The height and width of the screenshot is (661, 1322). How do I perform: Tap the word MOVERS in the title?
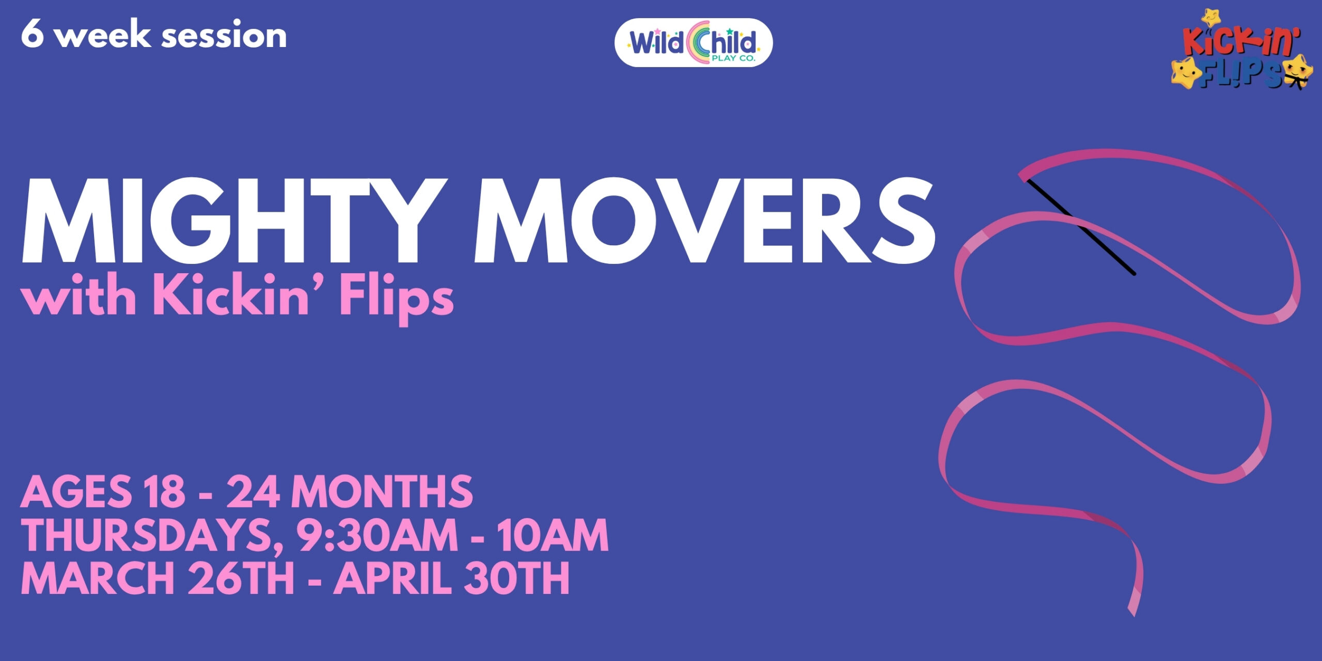click(705, 221)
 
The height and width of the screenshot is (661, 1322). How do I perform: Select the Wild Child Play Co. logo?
click(693, 43)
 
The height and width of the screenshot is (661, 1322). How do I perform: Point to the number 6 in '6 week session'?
click(32, 35)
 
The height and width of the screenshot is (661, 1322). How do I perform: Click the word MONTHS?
click(382, 491)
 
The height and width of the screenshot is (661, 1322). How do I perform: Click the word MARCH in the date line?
click(98, 578)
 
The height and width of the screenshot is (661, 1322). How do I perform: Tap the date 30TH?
click(516, 578)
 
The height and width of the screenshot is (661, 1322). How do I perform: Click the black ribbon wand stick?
click(1082, 227)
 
